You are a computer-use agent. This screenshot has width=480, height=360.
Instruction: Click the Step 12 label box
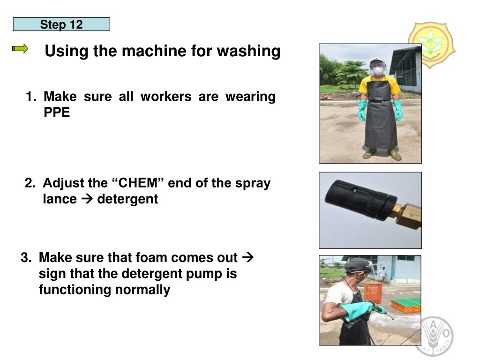(61, 24)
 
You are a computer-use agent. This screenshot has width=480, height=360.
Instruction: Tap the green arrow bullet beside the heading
(20, 49)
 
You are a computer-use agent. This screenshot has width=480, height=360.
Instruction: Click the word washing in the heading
(248, 51)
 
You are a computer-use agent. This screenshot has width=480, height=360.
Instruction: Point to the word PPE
(57, 112)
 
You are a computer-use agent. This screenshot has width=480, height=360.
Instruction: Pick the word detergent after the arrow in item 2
(127, 199)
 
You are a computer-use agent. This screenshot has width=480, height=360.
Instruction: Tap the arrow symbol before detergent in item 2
(87, 199)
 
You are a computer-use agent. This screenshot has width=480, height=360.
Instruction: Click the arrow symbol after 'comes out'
(247, 257)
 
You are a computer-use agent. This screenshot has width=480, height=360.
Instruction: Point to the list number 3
(26, 257)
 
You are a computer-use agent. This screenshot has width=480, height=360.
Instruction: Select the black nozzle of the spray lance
(360, 199)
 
